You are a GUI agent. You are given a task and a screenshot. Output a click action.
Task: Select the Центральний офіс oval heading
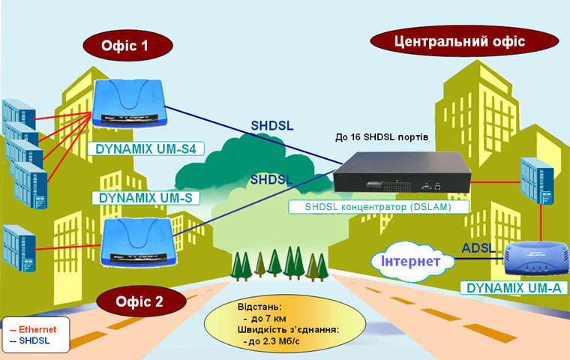459,41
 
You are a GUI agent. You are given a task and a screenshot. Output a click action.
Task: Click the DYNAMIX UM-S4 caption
145,149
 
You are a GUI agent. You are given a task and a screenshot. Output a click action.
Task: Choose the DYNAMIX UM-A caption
514,287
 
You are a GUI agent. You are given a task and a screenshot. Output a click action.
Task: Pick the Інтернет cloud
413,261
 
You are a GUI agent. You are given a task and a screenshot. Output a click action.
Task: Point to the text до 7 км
258,318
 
